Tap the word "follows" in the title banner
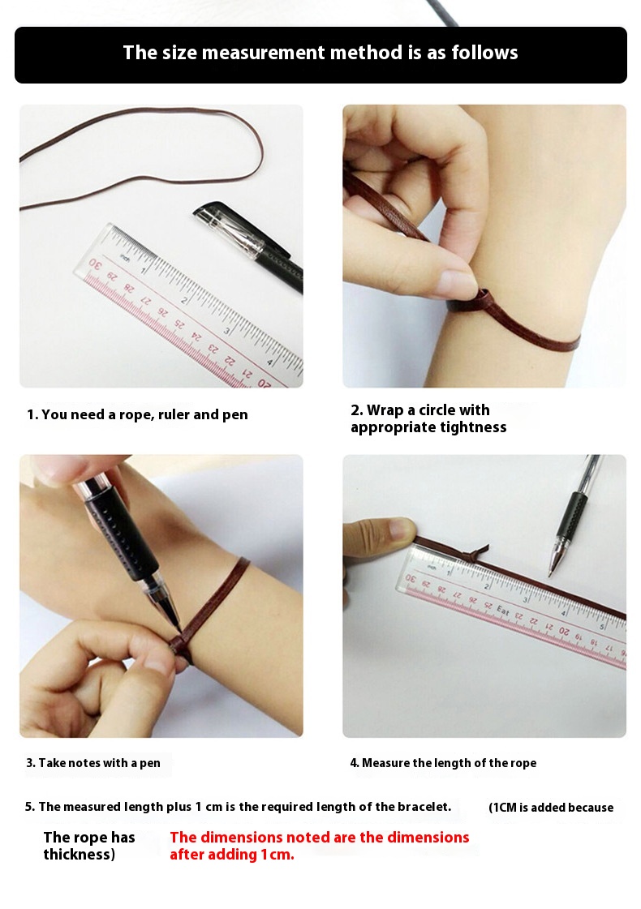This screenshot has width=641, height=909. (x=484, y=53)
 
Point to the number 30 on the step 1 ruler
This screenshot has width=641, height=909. (x=95, y=265)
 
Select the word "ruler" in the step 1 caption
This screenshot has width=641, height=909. (x=174, y=414)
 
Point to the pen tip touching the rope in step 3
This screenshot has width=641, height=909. (x=178, y=628)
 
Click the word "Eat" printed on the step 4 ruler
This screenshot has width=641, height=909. (x=502, y=611)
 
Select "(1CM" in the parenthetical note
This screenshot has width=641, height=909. (x=501, y=808)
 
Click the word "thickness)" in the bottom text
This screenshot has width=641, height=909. (x=79, y=855)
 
